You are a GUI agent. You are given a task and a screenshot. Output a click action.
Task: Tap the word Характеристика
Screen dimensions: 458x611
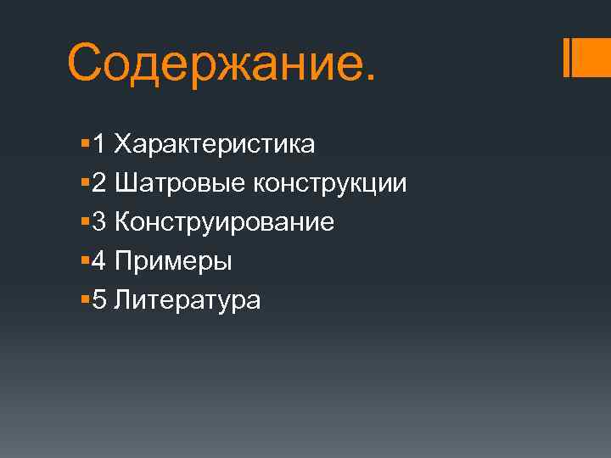click(215, 144)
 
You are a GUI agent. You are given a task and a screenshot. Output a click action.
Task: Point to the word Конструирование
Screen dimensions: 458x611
click(224, 222)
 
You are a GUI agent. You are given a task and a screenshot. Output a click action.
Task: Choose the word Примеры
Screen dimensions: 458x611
click(173, 261)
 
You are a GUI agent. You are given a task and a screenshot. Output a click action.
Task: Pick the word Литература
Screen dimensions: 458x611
click(188, 299)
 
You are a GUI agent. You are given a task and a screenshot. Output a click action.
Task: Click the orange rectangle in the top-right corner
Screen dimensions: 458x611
click(592, 58)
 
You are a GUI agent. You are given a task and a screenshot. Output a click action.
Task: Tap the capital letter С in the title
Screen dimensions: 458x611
click(88, 61)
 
